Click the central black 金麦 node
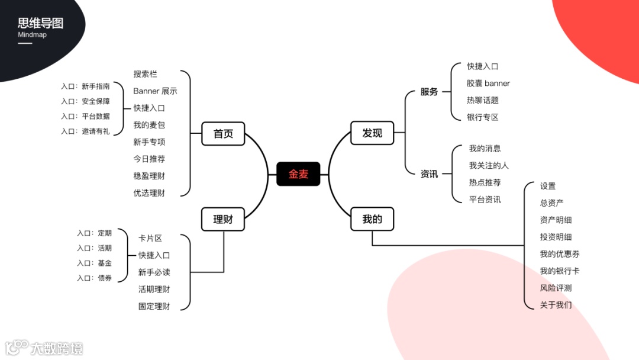pyautogui.click(x=298, y=174)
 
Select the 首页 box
pyautogui.click(x=223, y=133)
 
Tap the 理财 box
pyautogui.click(x=223, y=219)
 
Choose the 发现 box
pyautogui.click(x=372, y=133)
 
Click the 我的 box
pyautogui.click(x=372, y=219)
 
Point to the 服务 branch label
pyautogui.click(x=429, y=92)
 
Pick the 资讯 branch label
pyautogui.click(x=429, y=174)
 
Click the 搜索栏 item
pyautogui.click(x=145, y=74)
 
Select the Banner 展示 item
pyautogui.click(x=155, y=91)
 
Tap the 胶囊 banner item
pyautogui.click(x=488, y=83)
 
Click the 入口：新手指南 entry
pyautogui.click(x=85, y=86)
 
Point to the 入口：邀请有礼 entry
pyautogui.click(x=85, y=131)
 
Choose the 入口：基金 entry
pyautogui.click(x=94, y=263)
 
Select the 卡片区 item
pyautogui.click(x=150, y=238)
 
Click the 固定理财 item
pyautogui.click(x=154, y=306)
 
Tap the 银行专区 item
pyautogui.click(x=483, y=117)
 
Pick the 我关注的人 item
pyautogui.click(x=489, y=165)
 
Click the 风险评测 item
pyautogui.click(x=556, y=288)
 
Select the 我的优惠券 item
pyautogui.click(x=560, y=254)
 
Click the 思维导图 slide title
pyautogui.click(x=40, y=24)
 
